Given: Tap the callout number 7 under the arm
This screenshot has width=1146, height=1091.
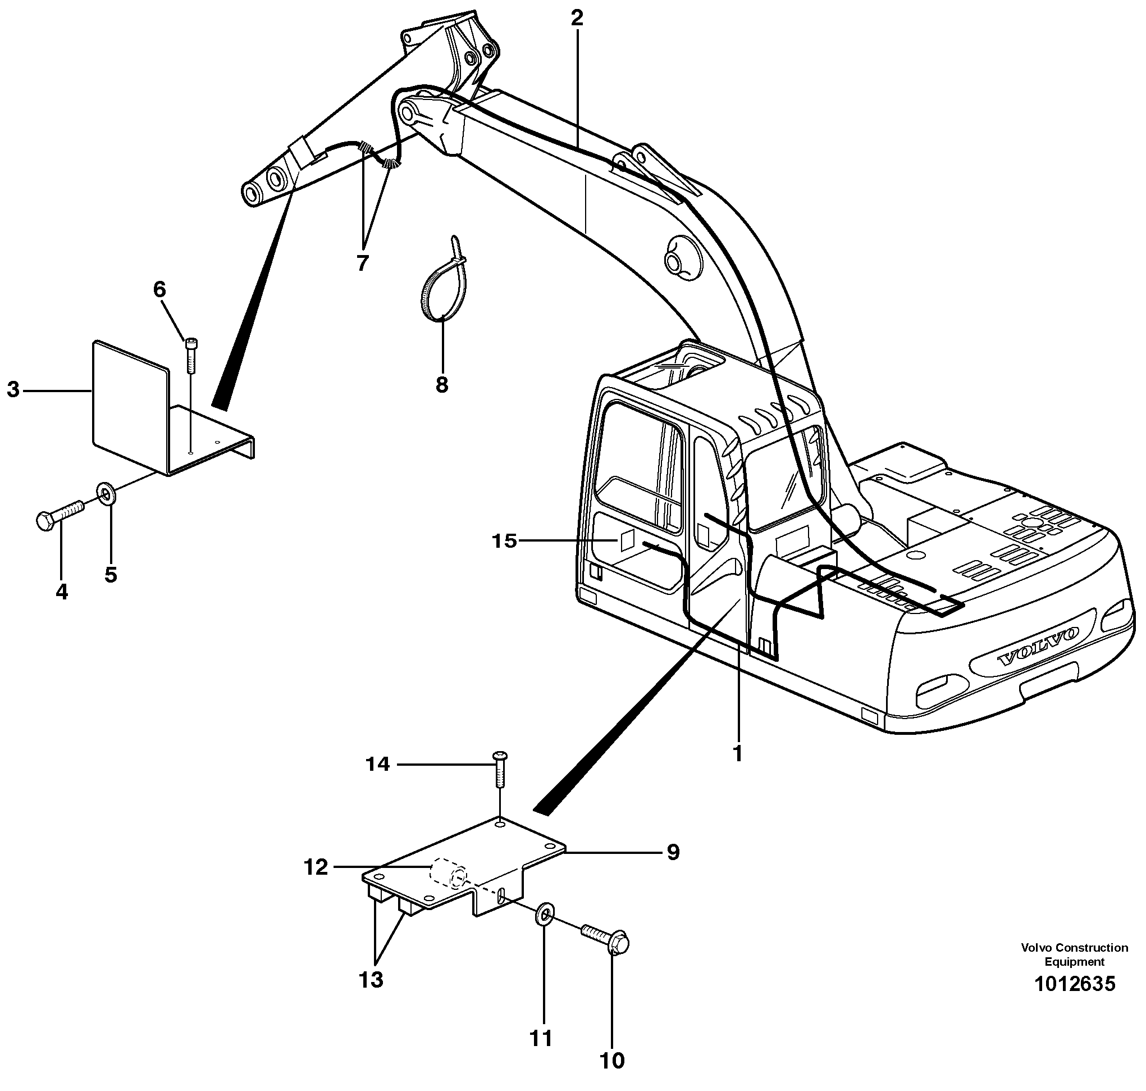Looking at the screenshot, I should (363, 263).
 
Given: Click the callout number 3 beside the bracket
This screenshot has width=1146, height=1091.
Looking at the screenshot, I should (13, 390).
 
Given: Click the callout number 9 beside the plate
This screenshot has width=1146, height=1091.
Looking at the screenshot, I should (672, 853).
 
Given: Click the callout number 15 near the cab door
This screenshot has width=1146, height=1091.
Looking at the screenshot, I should (504, 541).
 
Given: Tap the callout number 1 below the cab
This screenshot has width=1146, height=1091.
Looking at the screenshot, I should (737, 754).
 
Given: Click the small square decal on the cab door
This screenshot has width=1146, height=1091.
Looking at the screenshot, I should (627, 540).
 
